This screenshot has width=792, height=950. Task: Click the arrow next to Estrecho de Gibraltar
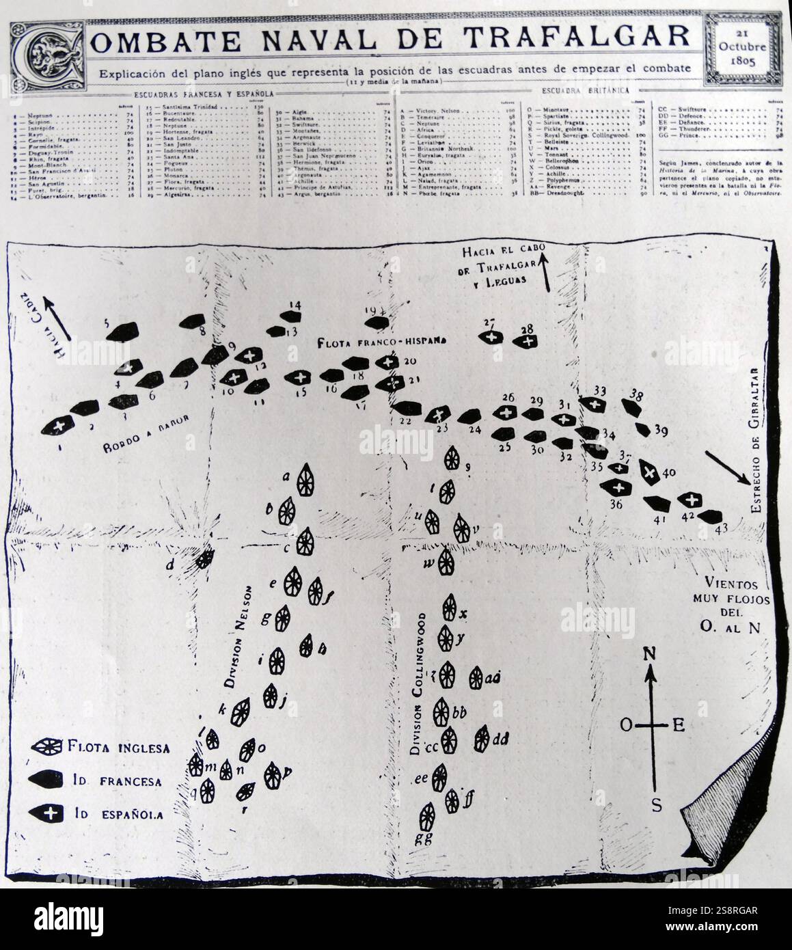pyautogui.click(x=723, y=467)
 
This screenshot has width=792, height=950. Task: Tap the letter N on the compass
pyautogui.click(x=651, y=653)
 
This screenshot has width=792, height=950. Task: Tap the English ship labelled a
pyautogui.click(x=305, y=478)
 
